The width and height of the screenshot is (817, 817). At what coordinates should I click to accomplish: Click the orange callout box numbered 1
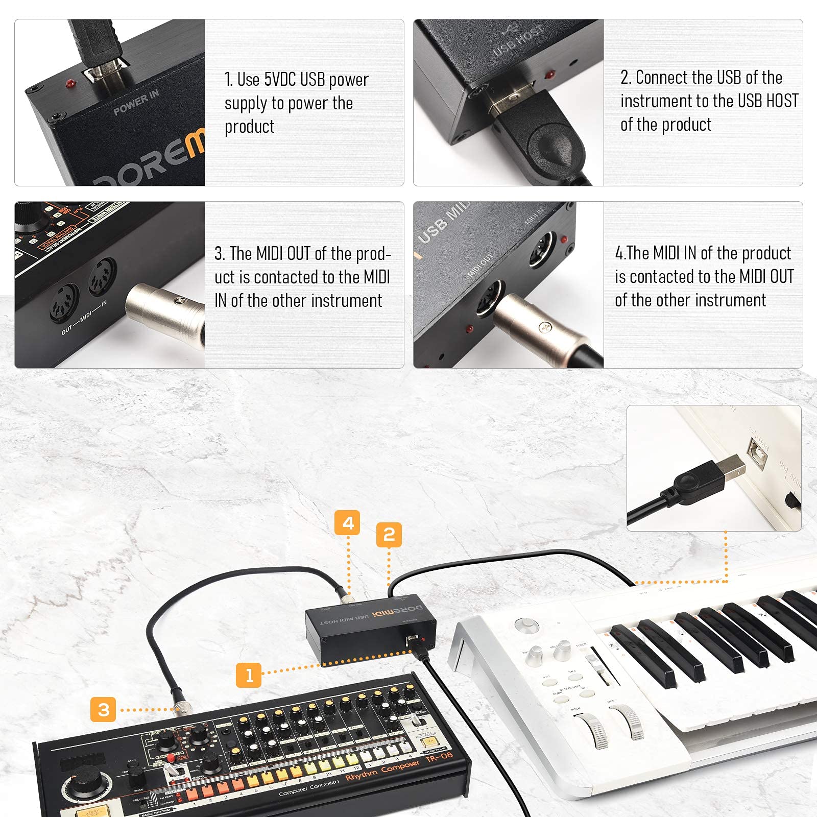tap(249, 675)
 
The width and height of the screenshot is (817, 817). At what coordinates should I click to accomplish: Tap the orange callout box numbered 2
tap(389, 535)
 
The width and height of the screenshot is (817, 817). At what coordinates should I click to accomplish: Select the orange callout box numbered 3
tap(103, 709)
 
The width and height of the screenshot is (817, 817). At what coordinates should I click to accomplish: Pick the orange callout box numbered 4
tap(348, 523)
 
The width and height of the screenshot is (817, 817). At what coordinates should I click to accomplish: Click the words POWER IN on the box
tap(136, 102)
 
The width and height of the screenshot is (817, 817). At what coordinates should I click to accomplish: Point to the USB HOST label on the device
tap(518, 41)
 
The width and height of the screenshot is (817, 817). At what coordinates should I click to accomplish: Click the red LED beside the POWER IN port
tap(68, 83)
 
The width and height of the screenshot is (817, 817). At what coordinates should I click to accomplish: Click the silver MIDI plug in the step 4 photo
tap(541, 327)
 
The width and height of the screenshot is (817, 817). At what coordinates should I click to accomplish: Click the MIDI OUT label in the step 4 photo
tap(480, 266)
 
